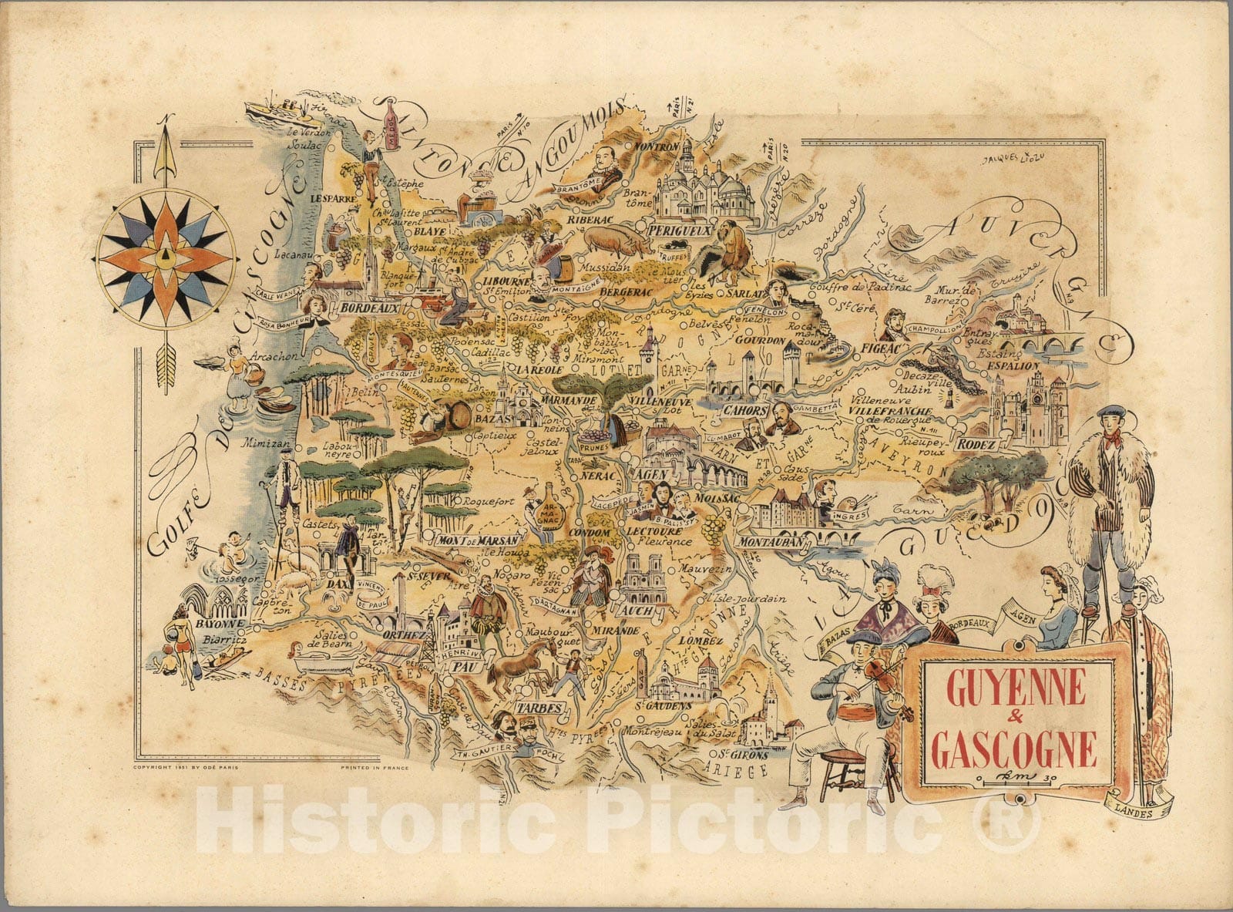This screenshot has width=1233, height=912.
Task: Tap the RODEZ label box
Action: pyautogui.click(x=978, y=445)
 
